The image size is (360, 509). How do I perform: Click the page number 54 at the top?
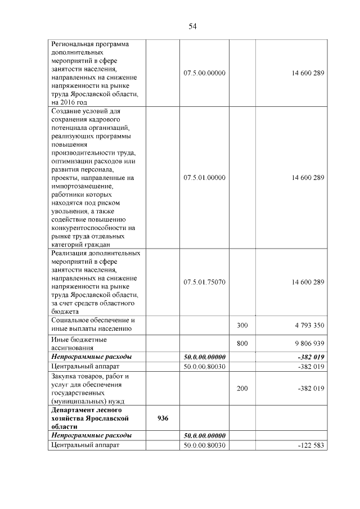192,26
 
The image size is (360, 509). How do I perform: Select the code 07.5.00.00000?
204,74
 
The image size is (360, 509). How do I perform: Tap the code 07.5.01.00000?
204,178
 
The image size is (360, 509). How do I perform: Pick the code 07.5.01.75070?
204,282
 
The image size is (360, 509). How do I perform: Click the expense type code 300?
242,325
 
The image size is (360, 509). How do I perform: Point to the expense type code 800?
242,343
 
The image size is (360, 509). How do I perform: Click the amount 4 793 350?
308,325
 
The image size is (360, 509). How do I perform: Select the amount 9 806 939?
308,343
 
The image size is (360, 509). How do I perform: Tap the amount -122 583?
311,445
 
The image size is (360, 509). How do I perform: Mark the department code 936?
163,419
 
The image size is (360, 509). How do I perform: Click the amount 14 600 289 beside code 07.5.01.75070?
308,282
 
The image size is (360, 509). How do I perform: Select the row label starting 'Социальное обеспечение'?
93,325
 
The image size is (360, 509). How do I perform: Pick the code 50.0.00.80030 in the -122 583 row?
204,445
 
